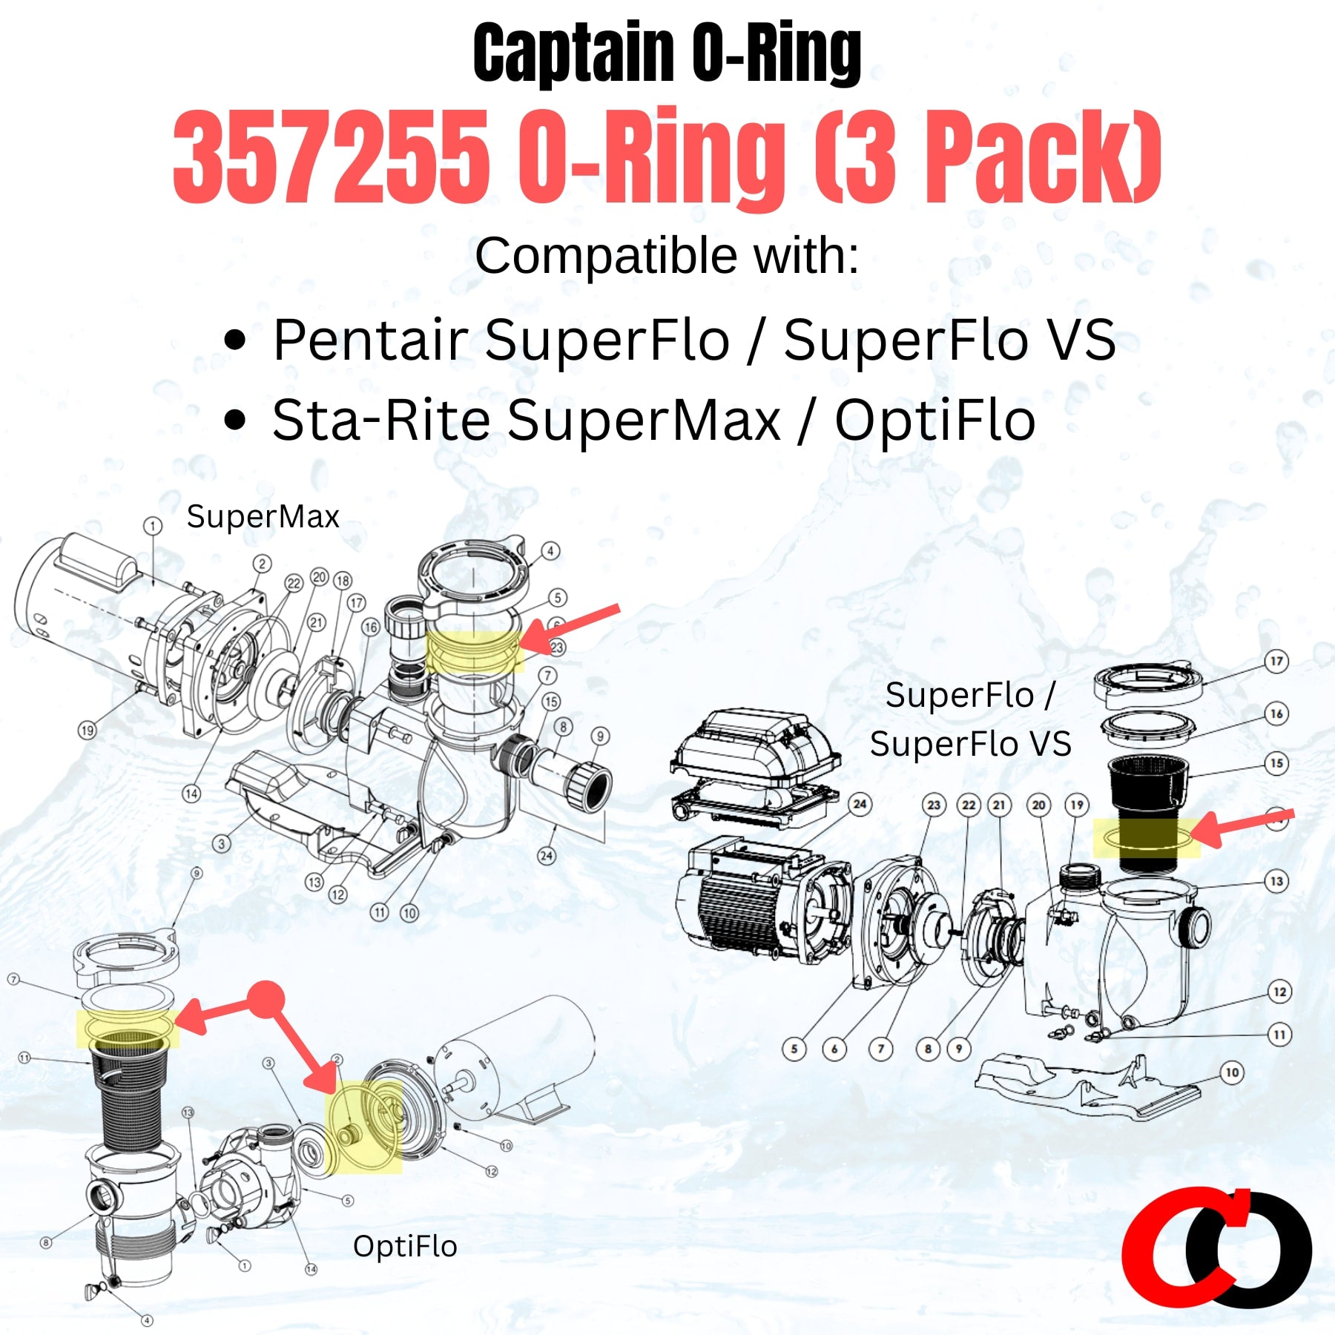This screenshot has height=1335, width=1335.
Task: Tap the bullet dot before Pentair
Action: click(234, 340)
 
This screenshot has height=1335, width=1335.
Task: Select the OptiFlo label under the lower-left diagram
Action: click(405, 1247)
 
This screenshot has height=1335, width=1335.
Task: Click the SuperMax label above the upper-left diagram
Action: click(263, 516)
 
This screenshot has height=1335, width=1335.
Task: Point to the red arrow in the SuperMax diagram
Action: click(570, 627)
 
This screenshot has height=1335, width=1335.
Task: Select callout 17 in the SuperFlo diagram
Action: click(1276, 661)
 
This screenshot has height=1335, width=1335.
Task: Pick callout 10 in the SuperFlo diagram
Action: click(1232, 1072)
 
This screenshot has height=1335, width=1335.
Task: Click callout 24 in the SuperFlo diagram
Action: click(860, 804)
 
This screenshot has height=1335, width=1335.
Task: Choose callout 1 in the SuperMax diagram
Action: click(152, 526)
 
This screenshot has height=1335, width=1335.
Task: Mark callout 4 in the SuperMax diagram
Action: click(550, 551)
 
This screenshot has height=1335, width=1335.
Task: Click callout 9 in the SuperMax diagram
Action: click(600, 736)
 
